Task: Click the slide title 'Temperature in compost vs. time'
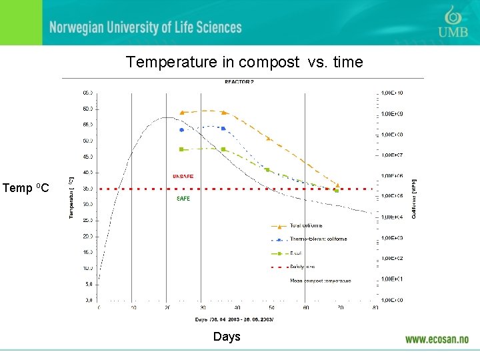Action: coord(244,63)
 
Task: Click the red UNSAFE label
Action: coord(183,177)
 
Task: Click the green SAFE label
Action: coord(183,199)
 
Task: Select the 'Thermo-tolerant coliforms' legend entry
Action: coord(318,239)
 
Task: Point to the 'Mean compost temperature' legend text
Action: coord(320,281)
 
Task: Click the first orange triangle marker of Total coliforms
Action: coord(182,113)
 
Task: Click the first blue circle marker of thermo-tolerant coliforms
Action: coord(181,130)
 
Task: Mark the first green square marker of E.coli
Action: coord(181,149)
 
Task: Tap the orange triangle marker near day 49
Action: coord(268,139)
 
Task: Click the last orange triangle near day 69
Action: coord(337,185)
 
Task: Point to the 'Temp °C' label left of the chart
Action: coord(25,189)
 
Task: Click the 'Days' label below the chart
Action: coord(227,337)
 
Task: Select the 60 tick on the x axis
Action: coord(306,307)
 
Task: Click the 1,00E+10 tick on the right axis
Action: coord(392,93)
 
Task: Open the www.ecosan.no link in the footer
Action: coord(437,339)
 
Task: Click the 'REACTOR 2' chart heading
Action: coord(239,82)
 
